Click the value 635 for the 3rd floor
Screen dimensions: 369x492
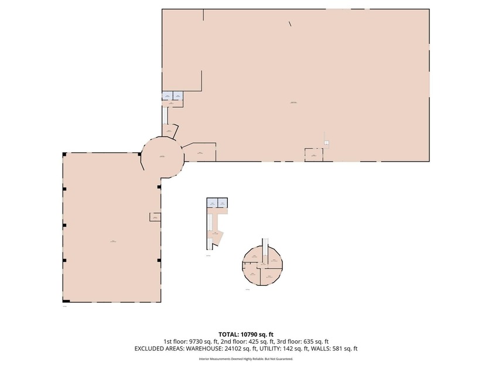coord(310,341)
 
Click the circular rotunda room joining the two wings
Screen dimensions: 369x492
coord(162,156)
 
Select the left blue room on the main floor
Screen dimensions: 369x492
coord(167,95)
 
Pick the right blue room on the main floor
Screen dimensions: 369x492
coord(177,95)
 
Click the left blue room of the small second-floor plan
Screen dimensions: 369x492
coord(212,203)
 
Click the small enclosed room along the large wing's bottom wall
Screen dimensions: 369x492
coord(313,155)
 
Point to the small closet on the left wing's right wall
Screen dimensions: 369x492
coord(155,217)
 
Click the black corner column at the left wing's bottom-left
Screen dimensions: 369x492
coord(66,301)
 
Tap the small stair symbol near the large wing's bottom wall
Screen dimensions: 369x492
coord(327,143)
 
